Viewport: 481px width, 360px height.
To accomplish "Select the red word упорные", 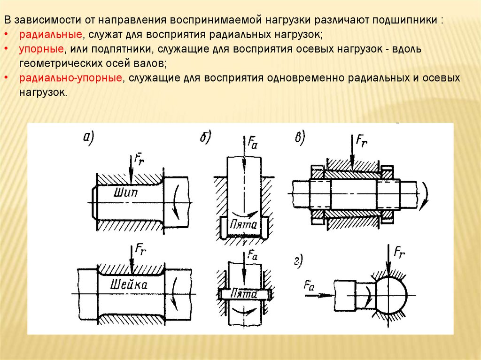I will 41,49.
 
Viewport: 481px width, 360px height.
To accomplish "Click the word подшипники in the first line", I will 406,22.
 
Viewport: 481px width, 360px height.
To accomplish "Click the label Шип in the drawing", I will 124,191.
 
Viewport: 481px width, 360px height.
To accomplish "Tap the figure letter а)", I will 89,137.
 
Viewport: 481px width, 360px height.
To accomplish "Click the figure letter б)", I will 206,137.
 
